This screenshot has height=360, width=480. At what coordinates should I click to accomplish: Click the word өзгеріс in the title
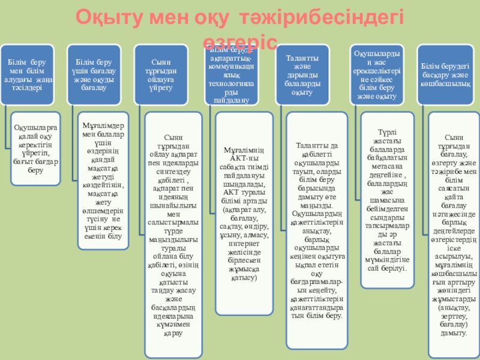point(240,40)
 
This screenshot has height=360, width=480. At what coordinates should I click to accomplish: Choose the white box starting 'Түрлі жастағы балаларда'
point(384,198)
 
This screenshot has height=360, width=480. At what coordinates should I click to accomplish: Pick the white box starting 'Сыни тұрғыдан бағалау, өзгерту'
point(453,234)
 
